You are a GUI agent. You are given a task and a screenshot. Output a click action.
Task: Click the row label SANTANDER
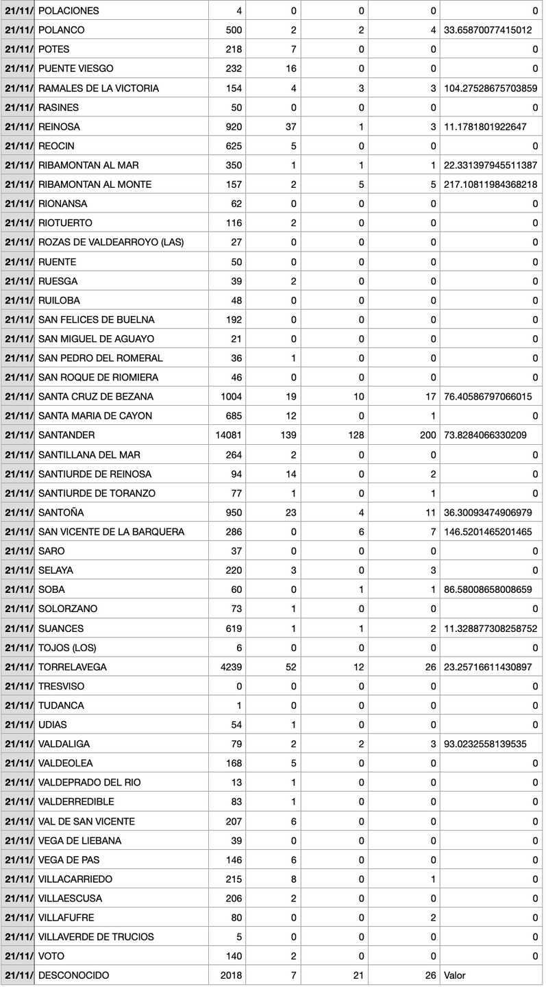[66, 435]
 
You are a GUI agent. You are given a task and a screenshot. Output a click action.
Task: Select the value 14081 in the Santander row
[229, 435]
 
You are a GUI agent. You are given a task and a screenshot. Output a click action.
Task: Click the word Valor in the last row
[455, 975]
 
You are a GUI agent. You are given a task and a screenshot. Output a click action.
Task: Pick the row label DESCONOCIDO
[73, 975]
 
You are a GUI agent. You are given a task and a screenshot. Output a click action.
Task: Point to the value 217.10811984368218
[491, 184]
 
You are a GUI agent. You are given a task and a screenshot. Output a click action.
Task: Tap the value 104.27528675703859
[491, 88]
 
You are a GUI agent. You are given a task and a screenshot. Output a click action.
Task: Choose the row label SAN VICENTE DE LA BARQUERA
[111, 532]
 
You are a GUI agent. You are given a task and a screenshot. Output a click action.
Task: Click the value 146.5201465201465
[488, 532]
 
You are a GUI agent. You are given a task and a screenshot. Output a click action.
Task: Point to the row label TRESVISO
[62, 686]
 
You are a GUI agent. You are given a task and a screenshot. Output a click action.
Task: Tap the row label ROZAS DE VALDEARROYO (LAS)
[111, 242]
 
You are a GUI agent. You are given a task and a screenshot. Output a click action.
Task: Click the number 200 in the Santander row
[428, 435]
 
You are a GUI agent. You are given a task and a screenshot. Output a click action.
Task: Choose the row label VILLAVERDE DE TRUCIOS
[96, 936]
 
